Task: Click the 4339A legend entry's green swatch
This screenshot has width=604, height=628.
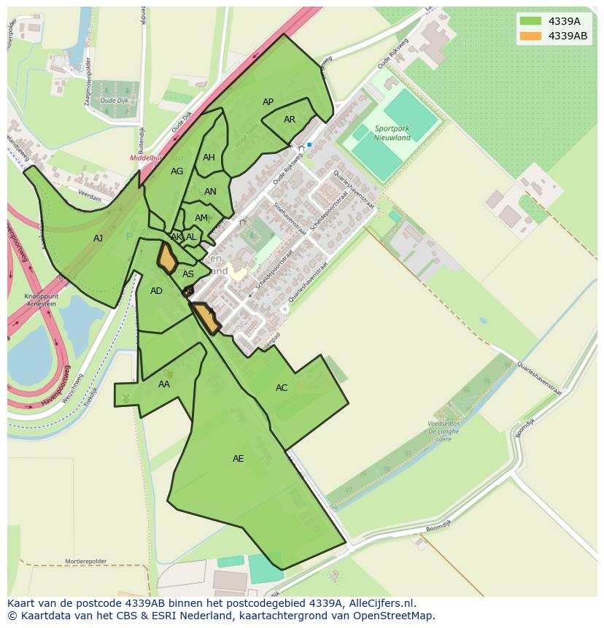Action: coord(531,21)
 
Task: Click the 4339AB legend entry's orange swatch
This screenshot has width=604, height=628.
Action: coord(531,36)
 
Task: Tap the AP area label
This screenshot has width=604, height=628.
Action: coord(268,102)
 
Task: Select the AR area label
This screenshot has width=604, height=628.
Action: coord(290,120)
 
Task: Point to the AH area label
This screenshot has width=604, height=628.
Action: coord(209,158)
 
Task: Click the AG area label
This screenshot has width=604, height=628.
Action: coord(177,171)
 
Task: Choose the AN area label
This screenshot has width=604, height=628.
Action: coord(210,192)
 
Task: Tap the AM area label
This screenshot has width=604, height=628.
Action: coord(201,218)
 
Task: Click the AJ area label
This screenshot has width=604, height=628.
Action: coord(98,238)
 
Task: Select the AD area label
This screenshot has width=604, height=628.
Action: coord(156,291)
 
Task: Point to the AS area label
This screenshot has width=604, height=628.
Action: coord(188,274)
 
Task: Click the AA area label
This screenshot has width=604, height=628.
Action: coord(164,384)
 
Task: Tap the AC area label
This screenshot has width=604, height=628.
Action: coord(282,388)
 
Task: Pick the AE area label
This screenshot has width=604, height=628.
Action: coord(238,459)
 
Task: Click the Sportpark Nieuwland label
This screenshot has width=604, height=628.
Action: coord(392,133)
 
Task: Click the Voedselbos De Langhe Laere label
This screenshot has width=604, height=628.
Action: coord(444,432)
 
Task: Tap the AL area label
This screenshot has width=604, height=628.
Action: coord(191,237)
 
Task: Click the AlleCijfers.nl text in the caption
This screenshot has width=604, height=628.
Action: coord(381,603)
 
